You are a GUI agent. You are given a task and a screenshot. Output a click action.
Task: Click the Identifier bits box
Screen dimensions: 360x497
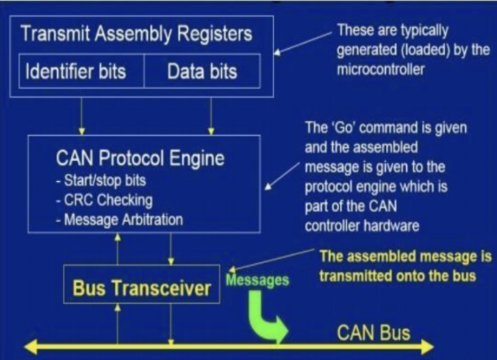[x=75, y=71]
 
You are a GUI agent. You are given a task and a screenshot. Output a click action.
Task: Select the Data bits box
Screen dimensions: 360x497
[x=202, y=71]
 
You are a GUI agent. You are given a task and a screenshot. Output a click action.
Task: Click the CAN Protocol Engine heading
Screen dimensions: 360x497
[x=139, y=160]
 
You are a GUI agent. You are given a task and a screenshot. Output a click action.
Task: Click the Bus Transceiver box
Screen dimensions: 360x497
[x=142, y=287]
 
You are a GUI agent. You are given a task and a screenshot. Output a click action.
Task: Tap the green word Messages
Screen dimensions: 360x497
[x=258, y=280]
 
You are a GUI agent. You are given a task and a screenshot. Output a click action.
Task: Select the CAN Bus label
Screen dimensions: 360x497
[x=373, y=333]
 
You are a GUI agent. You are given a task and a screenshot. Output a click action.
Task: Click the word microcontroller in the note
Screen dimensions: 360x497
[x=381, y=69]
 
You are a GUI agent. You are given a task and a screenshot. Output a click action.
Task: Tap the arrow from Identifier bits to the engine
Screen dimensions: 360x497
[x=81, y=115]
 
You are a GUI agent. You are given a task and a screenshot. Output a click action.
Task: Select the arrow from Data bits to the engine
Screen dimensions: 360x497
[x=211, y=115]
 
